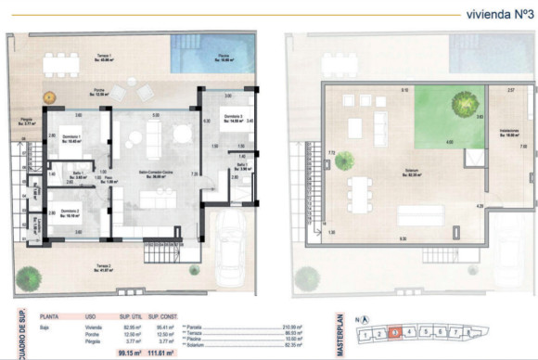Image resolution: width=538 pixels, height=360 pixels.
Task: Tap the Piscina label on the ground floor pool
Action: click(x=224, y=57)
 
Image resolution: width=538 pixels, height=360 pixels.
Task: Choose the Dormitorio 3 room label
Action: click(x=232, y=118)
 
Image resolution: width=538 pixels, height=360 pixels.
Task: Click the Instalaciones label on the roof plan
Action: click(x=507, y=132)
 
